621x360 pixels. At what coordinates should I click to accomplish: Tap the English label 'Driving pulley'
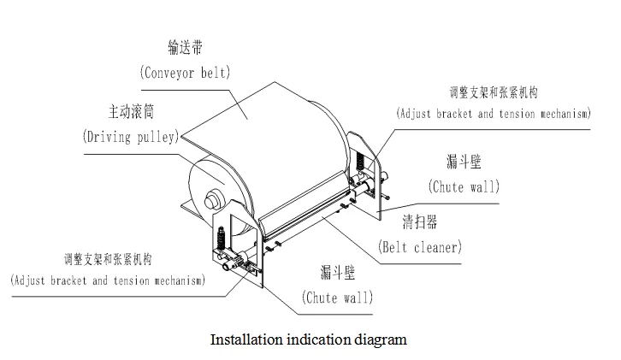pos(131,136)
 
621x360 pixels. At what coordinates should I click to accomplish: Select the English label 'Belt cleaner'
pos(419,248)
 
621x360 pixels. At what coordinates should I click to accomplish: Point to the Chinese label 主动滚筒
pos(130,111)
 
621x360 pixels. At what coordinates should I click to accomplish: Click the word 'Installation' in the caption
pos(248,339)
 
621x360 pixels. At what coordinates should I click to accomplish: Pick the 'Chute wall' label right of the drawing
pos(463,186)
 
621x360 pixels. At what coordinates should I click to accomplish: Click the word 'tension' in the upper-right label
pos(519,113)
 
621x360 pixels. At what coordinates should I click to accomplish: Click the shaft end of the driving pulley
pos(209,201)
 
